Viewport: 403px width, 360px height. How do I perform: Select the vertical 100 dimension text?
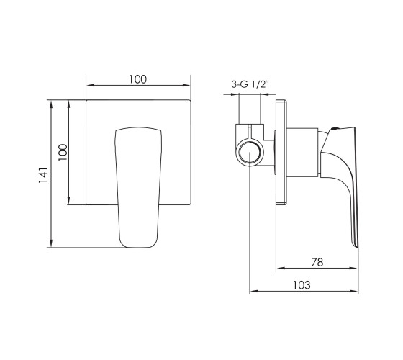coord(63,152)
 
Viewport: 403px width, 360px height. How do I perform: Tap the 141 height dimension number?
coord(43,175)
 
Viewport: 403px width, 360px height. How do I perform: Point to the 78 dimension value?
coord(317,262)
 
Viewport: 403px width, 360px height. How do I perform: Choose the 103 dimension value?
coord(302,285)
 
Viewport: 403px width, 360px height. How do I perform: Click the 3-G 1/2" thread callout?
coord(250,84)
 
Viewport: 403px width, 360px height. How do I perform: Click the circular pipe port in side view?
coord(250,152)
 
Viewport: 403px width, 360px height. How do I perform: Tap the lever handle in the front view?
coord(138,187)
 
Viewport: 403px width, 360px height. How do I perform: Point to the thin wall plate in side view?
coord(281,152)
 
